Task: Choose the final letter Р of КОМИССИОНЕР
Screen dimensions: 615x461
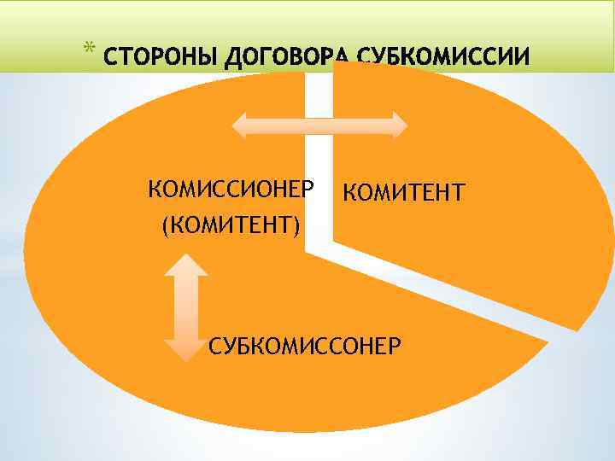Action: coord(308,188)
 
